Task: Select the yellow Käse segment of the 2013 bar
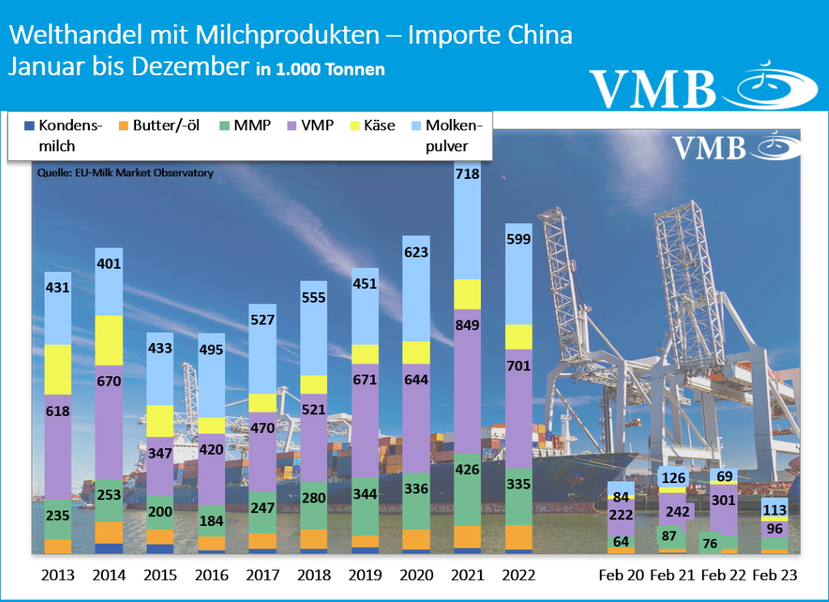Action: tap(57, 369)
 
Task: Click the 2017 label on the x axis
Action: tap(262, 575)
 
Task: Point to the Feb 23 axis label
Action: tap(776, 575)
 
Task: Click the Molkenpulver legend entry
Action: tap(454, 136)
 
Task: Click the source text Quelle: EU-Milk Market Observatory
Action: tap(125, 173)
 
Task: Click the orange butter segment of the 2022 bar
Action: tap(518, 536)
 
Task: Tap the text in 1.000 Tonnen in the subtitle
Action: tap(320, 70)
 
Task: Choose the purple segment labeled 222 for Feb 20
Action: tap(622, 515)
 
